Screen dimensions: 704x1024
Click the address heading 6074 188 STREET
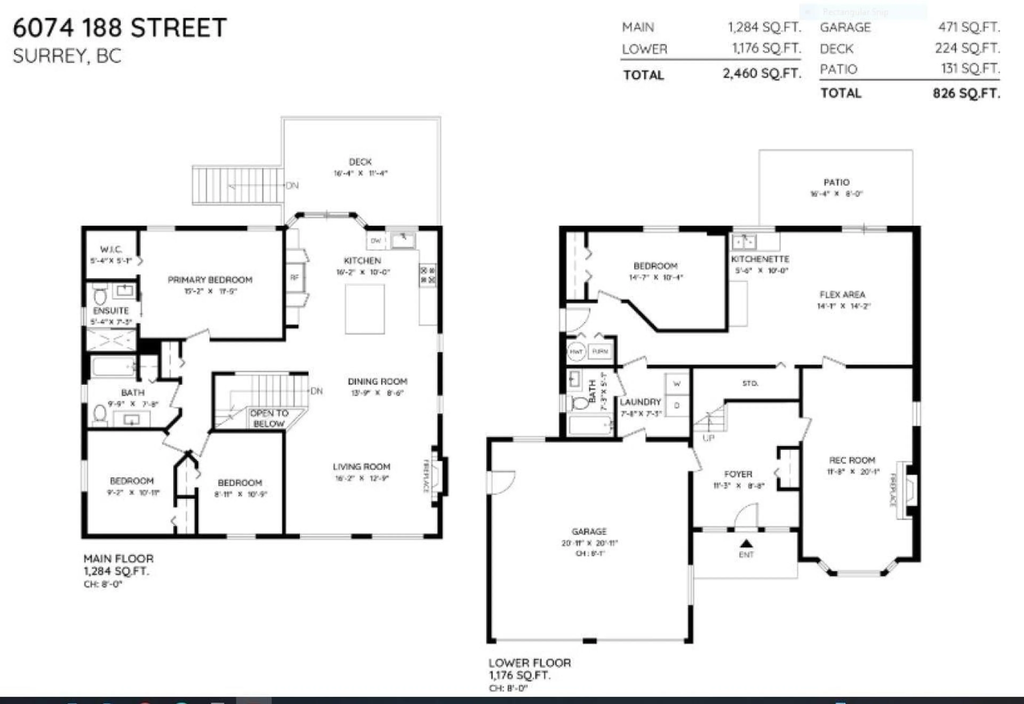click(119, 27)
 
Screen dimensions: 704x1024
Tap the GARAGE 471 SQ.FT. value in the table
click(969, 27)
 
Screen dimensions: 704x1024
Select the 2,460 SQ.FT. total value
click(762, 74)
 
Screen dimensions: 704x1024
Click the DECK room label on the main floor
click(360, 162)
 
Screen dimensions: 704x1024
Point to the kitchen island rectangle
click(365, 309)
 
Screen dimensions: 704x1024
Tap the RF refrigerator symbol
click(295, 277)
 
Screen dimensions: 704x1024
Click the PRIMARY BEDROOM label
click(210, 280)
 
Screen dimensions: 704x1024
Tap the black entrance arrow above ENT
click(746, 543)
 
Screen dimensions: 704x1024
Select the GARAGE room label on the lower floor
click(589, 532)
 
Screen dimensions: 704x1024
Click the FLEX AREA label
click(842, 294)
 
